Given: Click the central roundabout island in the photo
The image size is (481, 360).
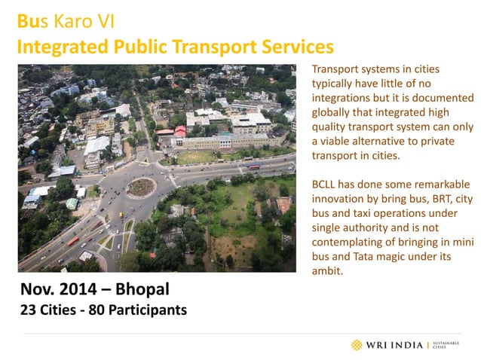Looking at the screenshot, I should click(140, 187).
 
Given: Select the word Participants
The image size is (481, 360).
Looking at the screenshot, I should click(146, 310).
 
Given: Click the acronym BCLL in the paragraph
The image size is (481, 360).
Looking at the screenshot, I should click(326, 185).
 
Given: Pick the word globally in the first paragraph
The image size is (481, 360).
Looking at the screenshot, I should click(332, 112).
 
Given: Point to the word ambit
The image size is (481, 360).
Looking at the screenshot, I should click(327, 271).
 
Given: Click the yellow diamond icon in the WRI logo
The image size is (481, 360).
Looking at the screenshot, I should click(357, 345).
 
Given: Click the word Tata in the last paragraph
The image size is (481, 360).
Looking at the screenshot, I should click(354, 257).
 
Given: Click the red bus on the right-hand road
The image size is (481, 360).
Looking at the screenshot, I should click(253, 167).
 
